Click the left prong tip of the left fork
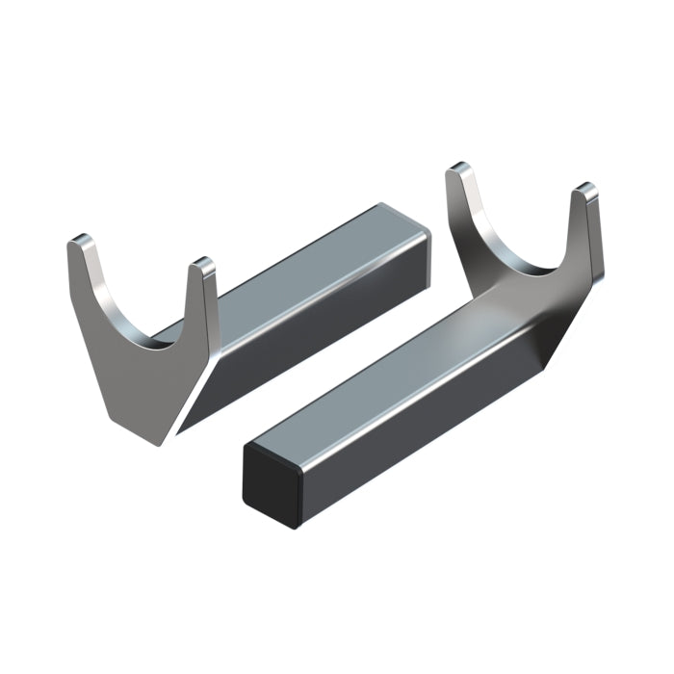pos(82,241)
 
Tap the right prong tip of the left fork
pos(200,264)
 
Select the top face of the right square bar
pos(385,366)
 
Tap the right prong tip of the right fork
pos(585,193)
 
